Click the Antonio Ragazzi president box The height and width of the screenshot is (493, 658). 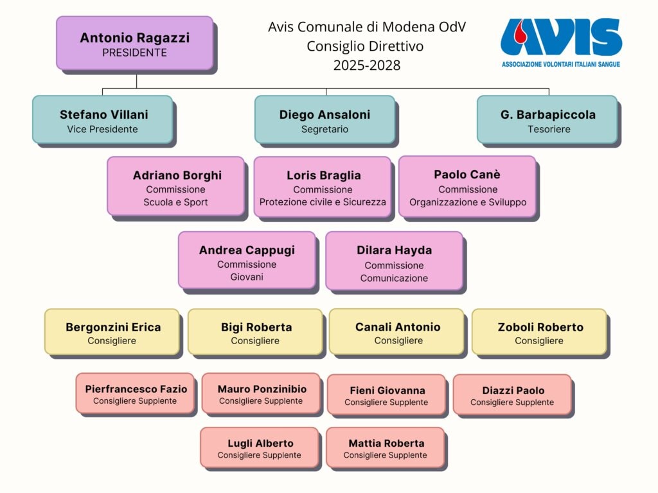click(135, 43)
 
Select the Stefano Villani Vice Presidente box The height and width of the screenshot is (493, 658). click(103, 120)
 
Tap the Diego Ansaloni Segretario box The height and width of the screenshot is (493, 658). click(325, 120)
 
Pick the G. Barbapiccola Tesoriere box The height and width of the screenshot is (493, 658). click(547, 120)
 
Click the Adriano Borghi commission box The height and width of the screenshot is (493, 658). click(176, 186)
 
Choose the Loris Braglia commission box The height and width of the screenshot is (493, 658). click(323, 187)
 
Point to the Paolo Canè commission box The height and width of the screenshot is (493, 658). click(468, 187)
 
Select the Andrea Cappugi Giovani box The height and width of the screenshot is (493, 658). click(247, 261)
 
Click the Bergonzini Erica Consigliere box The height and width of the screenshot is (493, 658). click(112, 332)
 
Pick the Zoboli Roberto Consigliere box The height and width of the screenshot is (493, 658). click(540, 332)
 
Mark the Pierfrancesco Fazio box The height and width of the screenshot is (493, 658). click(135, 394)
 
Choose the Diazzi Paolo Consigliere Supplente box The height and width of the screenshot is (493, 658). click(512, 395)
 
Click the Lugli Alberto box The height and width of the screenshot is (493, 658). click(260, 447)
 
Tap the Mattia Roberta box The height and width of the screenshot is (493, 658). click(386, 447)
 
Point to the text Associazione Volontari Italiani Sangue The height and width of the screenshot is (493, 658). click(560, 65)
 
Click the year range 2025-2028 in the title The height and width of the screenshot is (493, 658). click(367, 65)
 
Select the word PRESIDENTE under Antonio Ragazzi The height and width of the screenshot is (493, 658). click(135, 53)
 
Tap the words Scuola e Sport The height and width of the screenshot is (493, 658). click(175, 202)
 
